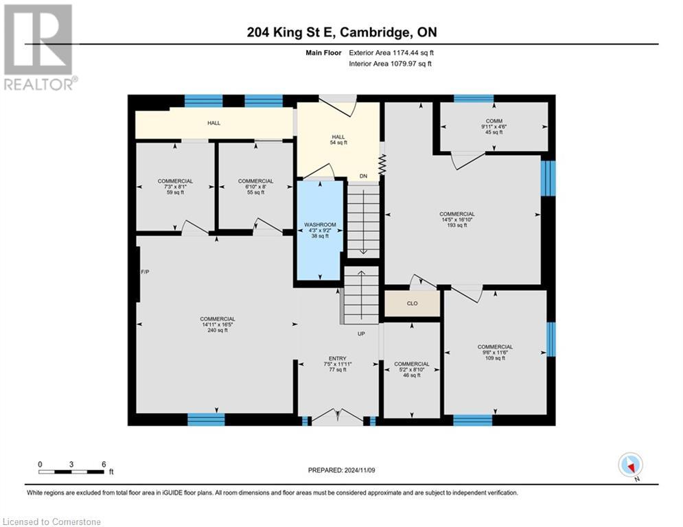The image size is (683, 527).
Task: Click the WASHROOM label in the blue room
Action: (x=320, y=225)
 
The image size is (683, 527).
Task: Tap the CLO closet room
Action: (x=412, y=303)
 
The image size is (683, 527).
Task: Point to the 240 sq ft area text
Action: (x=217, y=330)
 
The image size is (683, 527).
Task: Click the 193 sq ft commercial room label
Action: (x=457, y=225)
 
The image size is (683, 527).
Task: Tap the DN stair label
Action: (x=363, y=176)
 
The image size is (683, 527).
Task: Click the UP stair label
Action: (x=360, y=333)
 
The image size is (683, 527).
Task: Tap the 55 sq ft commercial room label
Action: (x=255, y=193)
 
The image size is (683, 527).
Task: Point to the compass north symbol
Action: (x=629, y=465)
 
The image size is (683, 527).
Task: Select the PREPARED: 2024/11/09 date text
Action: (x=342, y=470)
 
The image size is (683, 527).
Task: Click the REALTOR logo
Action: (x=38, y=47)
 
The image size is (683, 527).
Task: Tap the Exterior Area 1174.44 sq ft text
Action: (x=391, y=52)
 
